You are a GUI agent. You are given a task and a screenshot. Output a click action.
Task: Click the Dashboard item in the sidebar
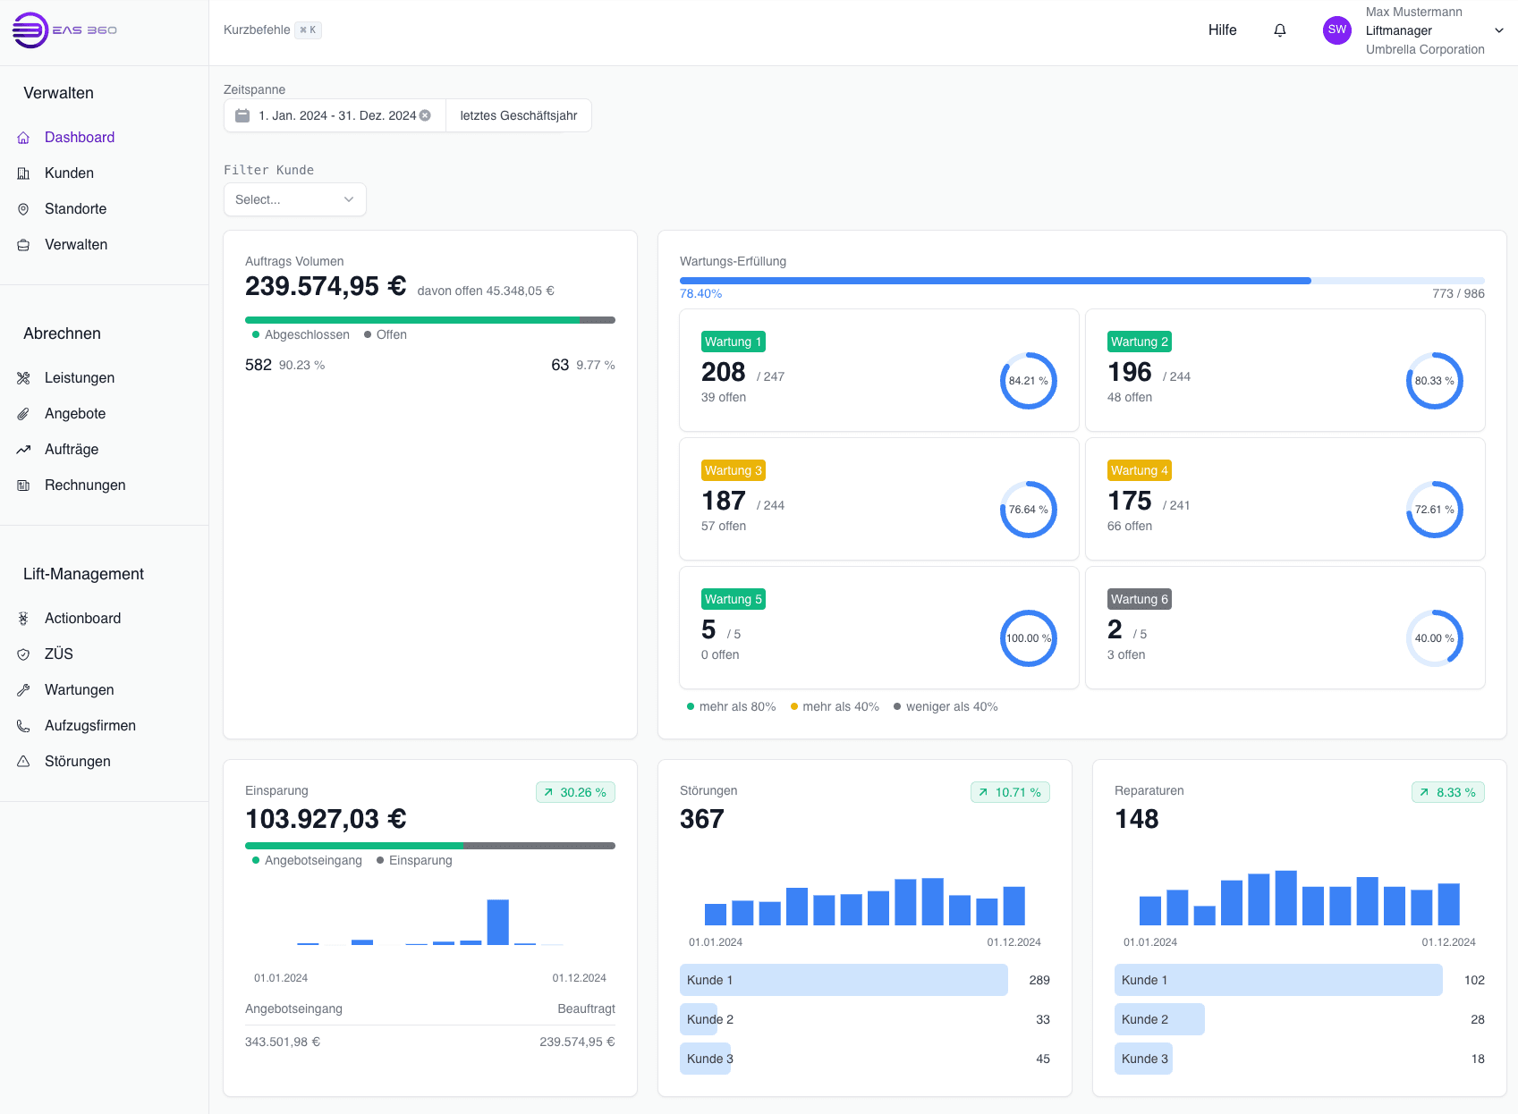(79, 138)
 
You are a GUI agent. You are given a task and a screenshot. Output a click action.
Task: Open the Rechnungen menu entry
(84, 485)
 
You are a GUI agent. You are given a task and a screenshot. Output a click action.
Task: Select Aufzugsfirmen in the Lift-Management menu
(89, 726)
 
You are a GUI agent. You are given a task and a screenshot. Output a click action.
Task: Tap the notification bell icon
(1280, 30)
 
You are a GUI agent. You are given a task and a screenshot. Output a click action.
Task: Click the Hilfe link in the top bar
(1222, 30)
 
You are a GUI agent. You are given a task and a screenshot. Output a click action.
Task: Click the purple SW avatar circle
(1336, 30)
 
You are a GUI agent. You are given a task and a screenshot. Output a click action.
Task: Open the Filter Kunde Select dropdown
(294, 199)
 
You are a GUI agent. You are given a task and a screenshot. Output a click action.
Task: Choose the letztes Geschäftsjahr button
(518, 115)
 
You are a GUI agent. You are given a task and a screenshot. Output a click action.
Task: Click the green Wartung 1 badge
(733, 342)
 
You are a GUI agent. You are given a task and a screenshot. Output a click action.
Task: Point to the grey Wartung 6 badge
(1139, 599)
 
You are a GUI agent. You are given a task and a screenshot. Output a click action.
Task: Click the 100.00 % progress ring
(1028, 638)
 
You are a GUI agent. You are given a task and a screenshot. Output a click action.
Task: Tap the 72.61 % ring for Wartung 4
(1434, 510)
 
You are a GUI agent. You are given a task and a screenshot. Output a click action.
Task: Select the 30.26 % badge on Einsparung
(575, 792)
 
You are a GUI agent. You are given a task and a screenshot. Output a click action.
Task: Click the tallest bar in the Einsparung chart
(497, 922)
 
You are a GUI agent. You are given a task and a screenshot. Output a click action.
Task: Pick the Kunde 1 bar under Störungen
(843, 980)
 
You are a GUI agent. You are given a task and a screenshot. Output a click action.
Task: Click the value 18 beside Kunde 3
(1477, 1059)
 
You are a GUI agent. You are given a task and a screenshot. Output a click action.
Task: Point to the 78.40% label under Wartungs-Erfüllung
(700, 294)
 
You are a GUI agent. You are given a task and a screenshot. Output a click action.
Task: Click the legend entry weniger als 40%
(951, 707)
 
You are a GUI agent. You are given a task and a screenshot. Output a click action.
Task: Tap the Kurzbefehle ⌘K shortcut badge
(308, 30)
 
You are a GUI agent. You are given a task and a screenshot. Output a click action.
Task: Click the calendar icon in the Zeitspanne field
(242, 115)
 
